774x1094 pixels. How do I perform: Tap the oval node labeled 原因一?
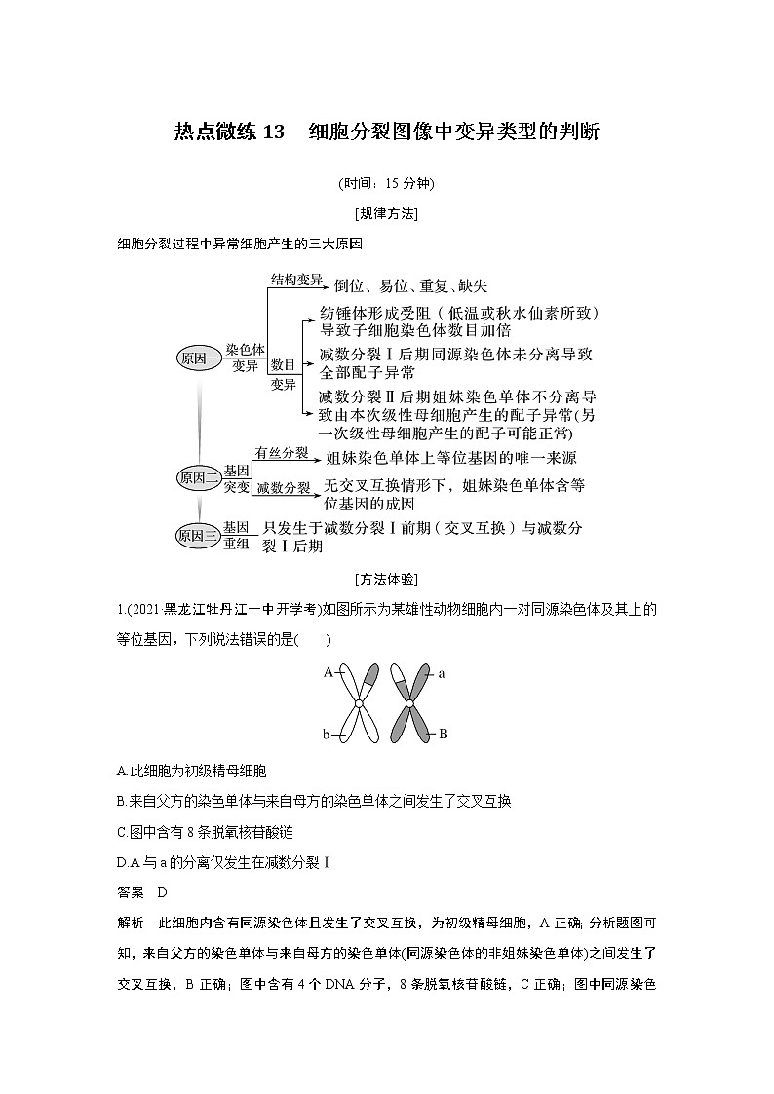point(200,358)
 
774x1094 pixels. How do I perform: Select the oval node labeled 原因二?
point(199,477)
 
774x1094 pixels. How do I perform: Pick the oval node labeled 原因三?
point(199,535)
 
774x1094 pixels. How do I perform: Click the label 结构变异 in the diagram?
point(296,281)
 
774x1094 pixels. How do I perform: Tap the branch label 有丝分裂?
point(282,453)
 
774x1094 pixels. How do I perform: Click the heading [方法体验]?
point(387,579)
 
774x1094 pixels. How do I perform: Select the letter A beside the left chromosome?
point(329,671)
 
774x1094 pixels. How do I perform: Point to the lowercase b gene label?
point(329,735)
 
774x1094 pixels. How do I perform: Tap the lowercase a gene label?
point(442,672)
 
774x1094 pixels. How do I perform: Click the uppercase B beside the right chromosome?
point(443,734)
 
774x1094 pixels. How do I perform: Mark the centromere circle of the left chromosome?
point(359,703)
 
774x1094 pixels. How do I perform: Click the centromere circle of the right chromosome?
point(410,703)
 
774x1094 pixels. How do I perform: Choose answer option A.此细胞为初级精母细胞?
point(183,770)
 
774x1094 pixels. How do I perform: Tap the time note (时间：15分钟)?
point(386,183)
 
